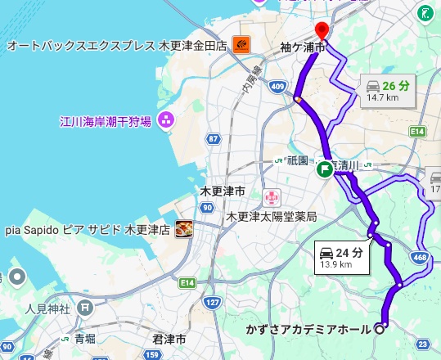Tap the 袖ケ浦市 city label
coord(301,49)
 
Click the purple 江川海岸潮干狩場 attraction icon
coord(166,120)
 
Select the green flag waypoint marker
coord(325,169)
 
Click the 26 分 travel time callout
coord(385,90)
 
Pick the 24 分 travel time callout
coord(342,257)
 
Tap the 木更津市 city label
coord(223,191)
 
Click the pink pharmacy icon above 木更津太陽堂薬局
coord(271,197)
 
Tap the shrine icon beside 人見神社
coord(86,309)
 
